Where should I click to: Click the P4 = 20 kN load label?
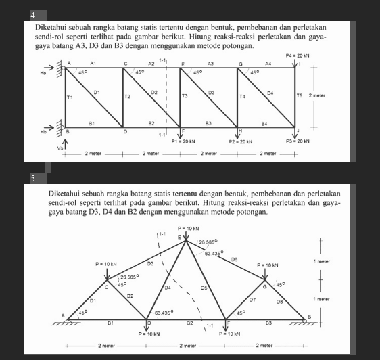click(x=297, y=55)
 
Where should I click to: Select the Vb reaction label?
click(x=59, y=147)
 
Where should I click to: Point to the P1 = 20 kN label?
click(x=183, y=142)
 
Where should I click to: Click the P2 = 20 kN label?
click(x=240, y=142)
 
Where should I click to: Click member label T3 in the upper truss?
click(x=185, y=97)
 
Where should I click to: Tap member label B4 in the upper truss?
click(x=265, y=124)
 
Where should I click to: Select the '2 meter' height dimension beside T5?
click(x=318, y=96)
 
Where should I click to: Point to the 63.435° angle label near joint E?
click(x=215, y=253)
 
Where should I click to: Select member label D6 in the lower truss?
click(x=234, y=259)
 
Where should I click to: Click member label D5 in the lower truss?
click(x=204, y=287)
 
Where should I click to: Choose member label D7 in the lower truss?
click(x=252, y=298)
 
